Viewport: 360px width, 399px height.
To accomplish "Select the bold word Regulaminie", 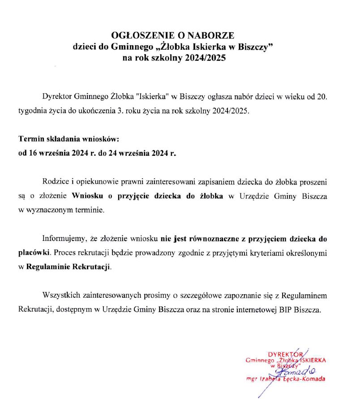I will click(49, 267).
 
